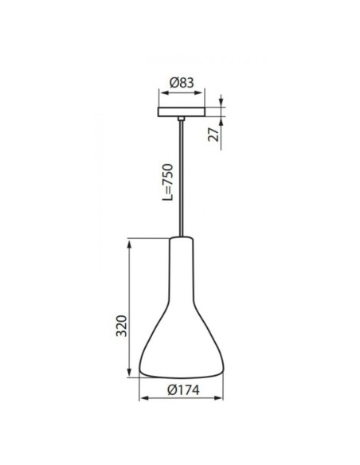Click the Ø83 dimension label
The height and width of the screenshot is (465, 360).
[x=182, y=80]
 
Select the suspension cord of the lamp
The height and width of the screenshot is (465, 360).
[x=182, y=175]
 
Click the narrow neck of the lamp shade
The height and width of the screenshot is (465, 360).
[x=181, y=255]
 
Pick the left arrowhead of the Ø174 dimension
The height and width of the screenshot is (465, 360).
[x=143, y=399]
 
